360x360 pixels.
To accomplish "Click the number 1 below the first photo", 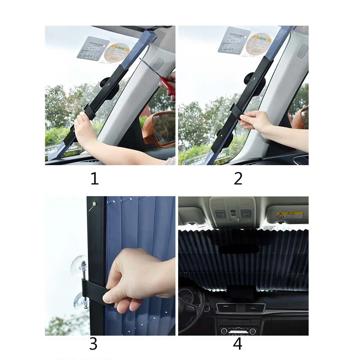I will coord(94,179).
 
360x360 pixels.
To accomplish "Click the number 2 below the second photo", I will coord(238,179).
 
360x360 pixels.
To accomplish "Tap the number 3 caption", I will coord(93,344).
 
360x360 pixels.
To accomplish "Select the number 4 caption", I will coord(238,344).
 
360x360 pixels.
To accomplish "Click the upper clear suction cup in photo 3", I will coord(78,265).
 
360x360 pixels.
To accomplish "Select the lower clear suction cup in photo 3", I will coord(80,301).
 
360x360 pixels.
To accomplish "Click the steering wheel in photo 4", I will coord(189,306).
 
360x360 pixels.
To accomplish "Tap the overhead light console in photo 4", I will coord(232,212).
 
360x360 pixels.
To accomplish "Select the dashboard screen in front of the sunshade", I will coord(240,295).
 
